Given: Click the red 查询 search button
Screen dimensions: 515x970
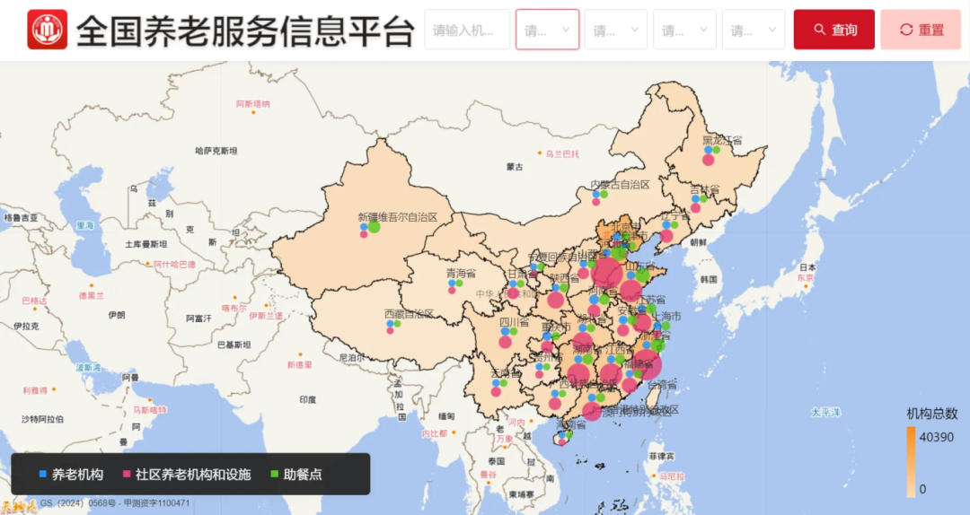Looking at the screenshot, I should pos(833,30).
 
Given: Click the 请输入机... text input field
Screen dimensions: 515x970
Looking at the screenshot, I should pos(466,30).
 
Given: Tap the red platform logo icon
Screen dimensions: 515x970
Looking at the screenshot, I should pos(47,30).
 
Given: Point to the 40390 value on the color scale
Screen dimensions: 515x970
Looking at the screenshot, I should pos(938,437).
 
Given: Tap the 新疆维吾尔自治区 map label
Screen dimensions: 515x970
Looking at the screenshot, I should pos(398,217).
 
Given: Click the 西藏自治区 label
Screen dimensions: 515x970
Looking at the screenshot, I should pos(409,314).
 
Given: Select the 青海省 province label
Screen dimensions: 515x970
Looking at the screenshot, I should pos(462,274).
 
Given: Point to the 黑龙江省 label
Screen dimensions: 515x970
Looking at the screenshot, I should pos(722,141).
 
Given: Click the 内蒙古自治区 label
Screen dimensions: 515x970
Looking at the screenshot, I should pos(619,185).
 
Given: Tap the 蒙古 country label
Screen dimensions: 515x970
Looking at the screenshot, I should pos(515,167).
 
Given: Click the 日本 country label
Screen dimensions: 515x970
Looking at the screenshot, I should pos(807,267).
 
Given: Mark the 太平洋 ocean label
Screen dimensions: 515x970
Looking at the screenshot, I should pos(825,413).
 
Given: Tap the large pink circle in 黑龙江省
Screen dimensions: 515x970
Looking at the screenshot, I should pos(708,160).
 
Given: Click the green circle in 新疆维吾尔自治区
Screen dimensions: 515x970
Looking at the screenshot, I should pos(374,227).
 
